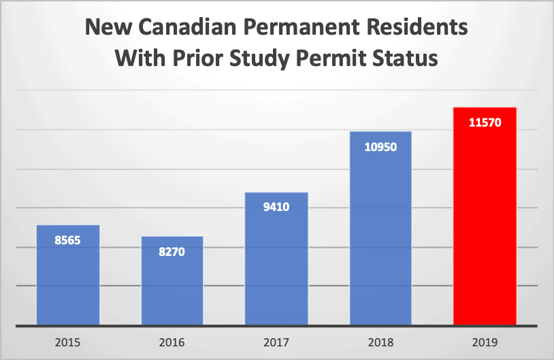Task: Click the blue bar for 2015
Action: point(68,276)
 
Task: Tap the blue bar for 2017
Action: point(276,259)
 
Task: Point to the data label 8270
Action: point(172,251)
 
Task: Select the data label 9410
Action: point(276,207)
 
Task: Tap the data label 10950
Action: point(380,146)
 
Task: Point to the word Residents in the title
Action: point(420,29)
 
